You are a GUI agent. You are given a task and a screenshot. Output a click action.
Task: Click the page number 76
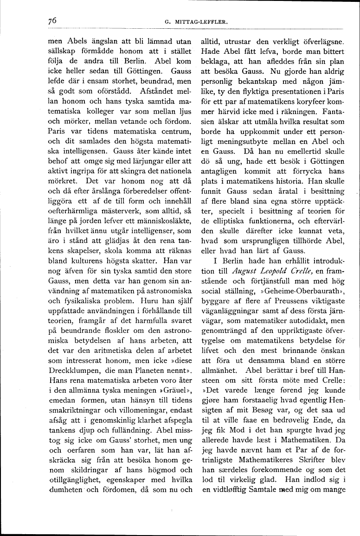tap(51, 20)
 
